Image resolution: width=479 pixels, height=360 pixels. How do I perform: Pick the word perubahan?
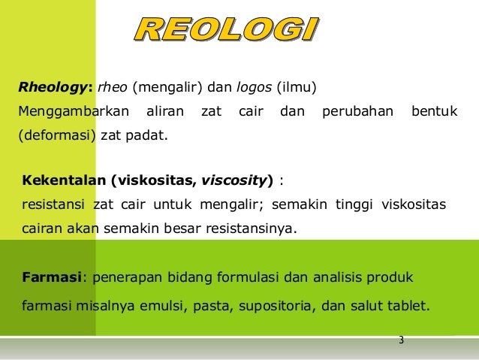(357, 113)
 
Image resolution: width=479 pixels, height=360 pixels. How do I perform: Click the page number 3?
(401, 340)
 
